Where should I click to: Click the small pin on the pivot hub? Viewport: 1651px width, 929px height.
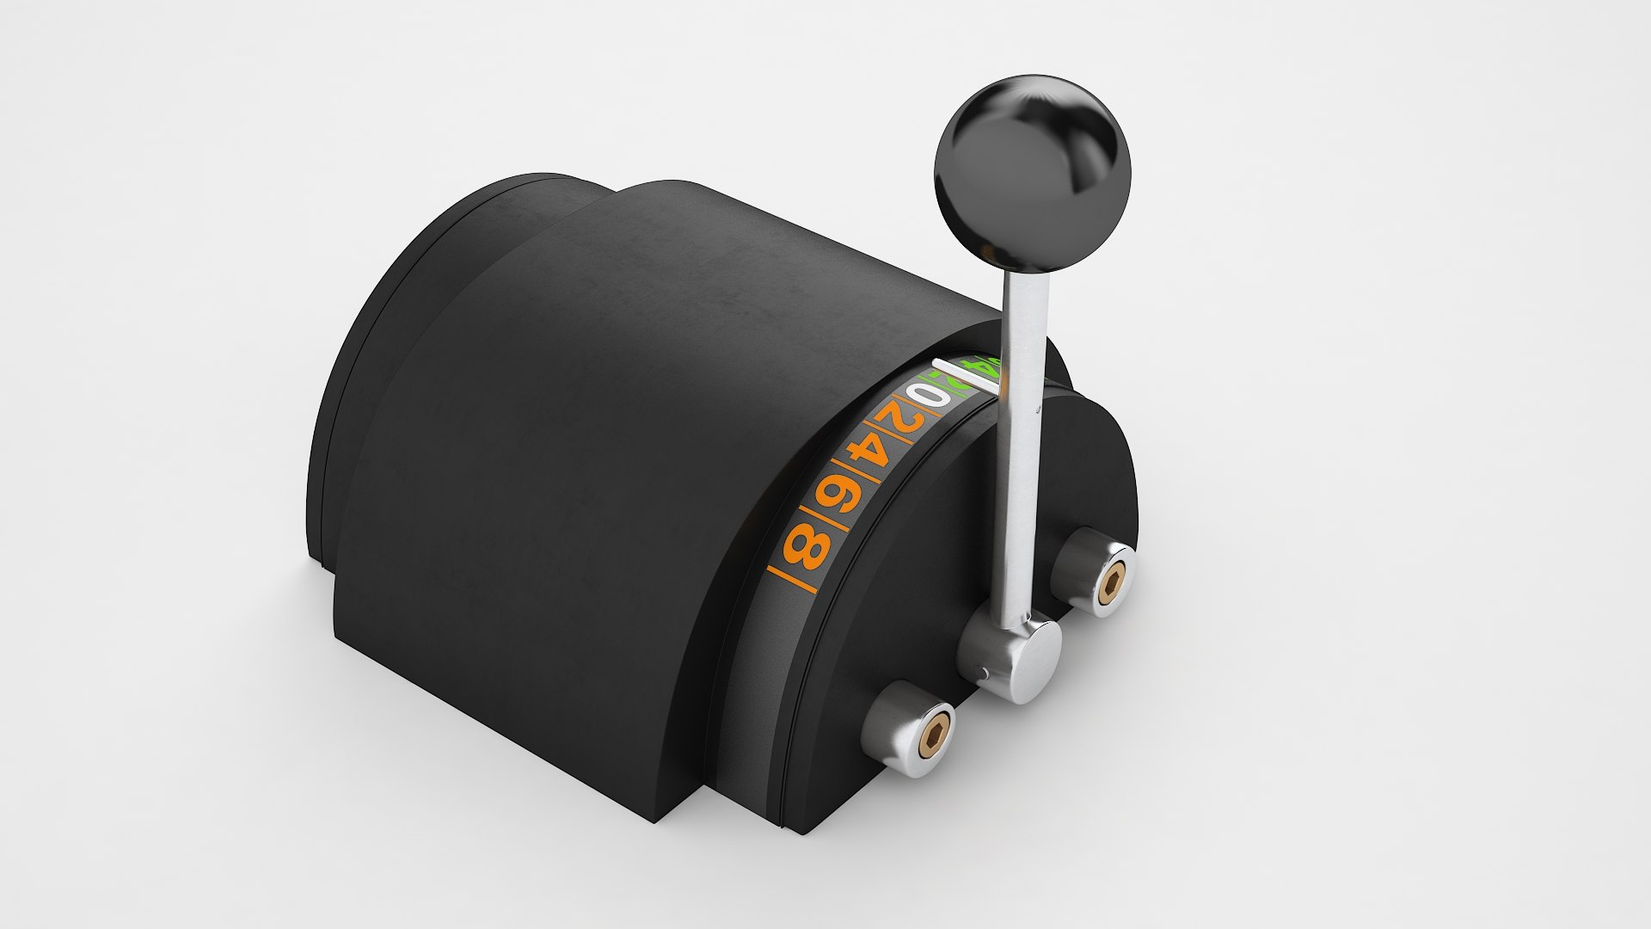coord(983,671)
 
